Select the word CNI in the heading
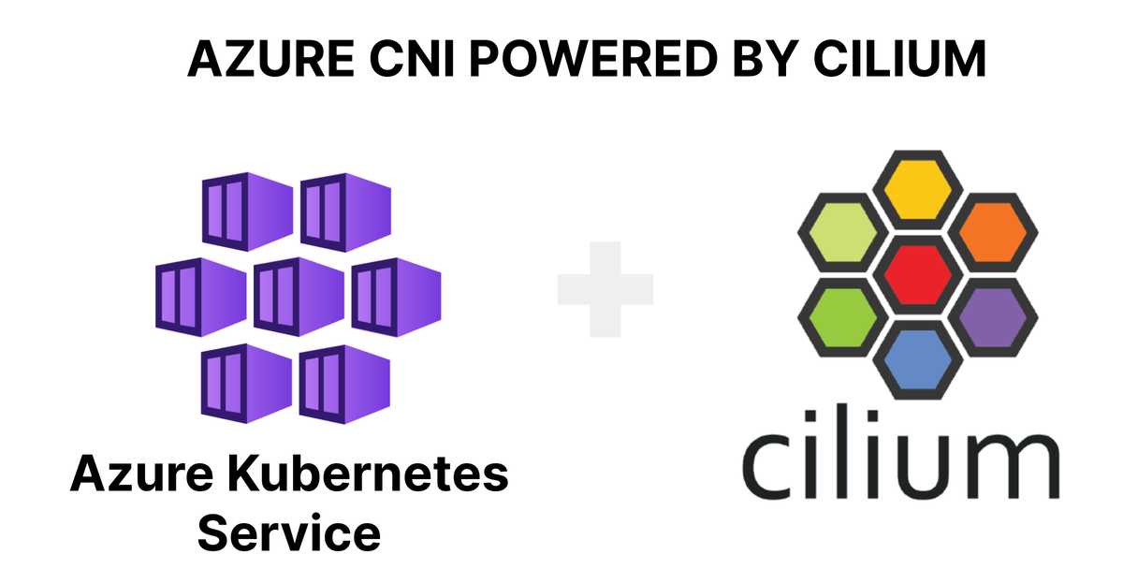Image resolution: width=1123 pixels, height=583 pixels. tap(412, 59)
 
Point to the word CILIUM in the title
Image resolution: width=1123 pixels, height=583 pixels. tap(899, 59)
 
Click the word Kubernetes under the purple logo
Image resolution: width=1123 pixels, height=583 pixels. tap(368, 474)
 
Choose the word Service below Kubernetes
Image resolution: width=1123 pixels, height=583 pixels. tap(289, 532)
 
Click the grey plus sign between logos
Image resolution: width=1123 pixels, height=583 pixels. tap(605, 289)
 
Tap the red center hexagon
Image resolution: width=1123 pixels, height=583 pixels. tap(917, 275)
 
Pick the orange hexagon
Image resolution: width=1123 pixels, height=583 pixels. tap(993, 233)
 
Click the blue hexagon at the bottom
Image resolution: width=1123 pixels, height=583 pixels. tap(917, 360)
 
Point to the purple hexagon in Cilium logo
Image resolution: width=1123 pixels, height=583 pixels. tap(993, 317)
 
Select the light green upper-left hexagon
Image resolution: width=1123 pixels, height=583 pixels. tap(843, 233)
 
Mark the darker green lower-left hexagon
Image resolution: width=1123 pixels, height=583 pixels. tap(843, 317)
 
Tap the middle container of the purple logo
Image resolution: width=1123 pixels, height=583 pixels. tap(299, 297)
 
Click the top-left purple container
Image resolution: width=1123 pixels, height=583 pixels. tap(247, 211)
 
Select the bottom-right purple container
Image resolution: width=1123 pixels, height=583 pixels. tap(344, 384)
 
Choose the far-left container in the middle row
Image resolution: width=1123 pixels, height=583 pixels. tap(200, 297)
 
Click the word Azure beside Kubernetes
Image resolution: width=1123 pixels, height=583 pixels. tap(142, 474)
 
